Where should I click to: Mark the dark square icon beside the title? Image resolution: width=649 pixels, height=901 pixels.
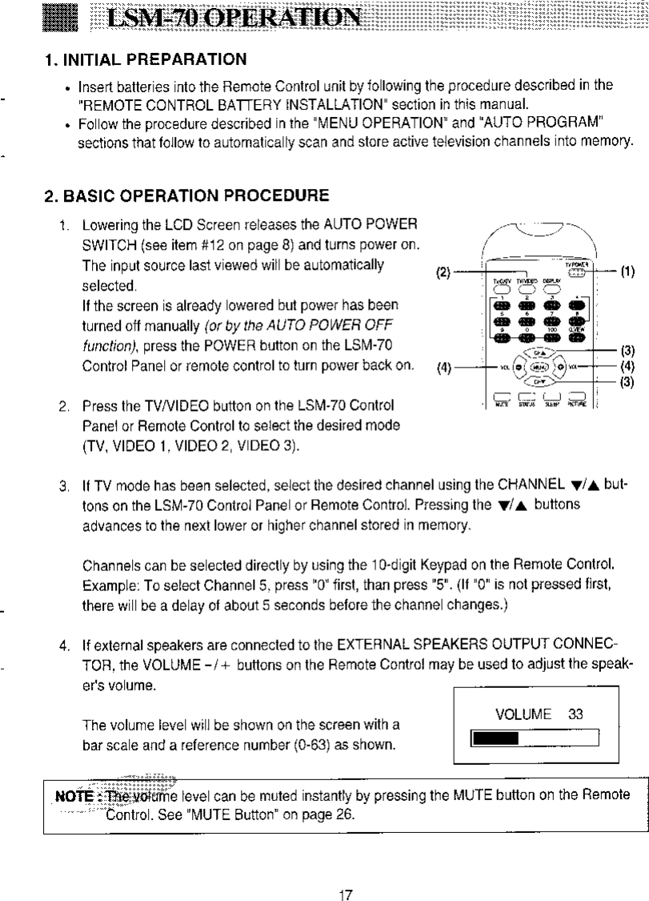(61, 18)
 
